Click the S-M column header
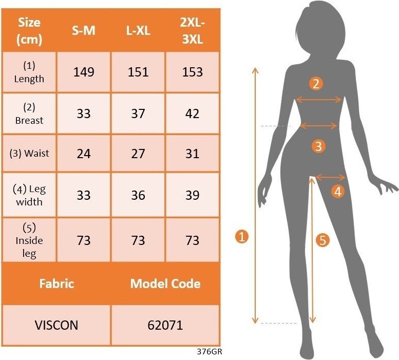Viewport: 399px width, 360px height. (84, 30)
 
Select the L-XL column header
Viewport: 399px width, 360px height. (138, 30)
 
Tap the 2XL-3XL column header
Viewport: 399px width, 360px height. (193, 31)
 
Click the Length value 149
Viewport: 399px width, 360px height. (84, 72)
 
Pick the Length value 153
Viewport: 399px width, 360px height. (193, 72)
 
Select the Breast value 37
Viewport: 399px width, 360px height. (138, 113)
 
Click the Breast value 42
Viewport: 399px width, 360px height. (192, 113)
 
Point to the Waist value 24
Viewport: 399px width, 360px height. (84, 154)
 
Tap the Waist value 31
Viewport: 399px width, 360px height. (192, 154)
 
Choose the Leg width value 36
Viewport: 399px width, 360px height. (138, 195)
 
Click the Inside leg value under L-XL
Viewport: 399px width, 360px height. (138, 240)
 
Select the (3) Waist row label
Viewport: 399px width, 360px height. (29, 154)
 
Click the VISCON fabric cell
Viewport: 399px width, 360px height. (56, 325)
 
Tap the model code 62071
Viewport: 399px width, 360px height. (165, 325)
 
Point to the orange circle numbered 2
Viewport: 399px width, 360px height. (316, 84)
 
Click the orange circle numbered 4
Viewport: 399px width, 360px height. (338, 191)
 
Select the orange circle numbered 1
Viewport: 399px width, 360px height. (242, 237)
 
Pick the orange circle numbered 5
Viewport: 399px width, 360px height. (322, 240)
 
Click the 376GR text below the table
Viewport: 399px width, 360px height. (210, 352)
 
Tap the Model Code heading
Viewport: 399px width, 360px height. (165, 283)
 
